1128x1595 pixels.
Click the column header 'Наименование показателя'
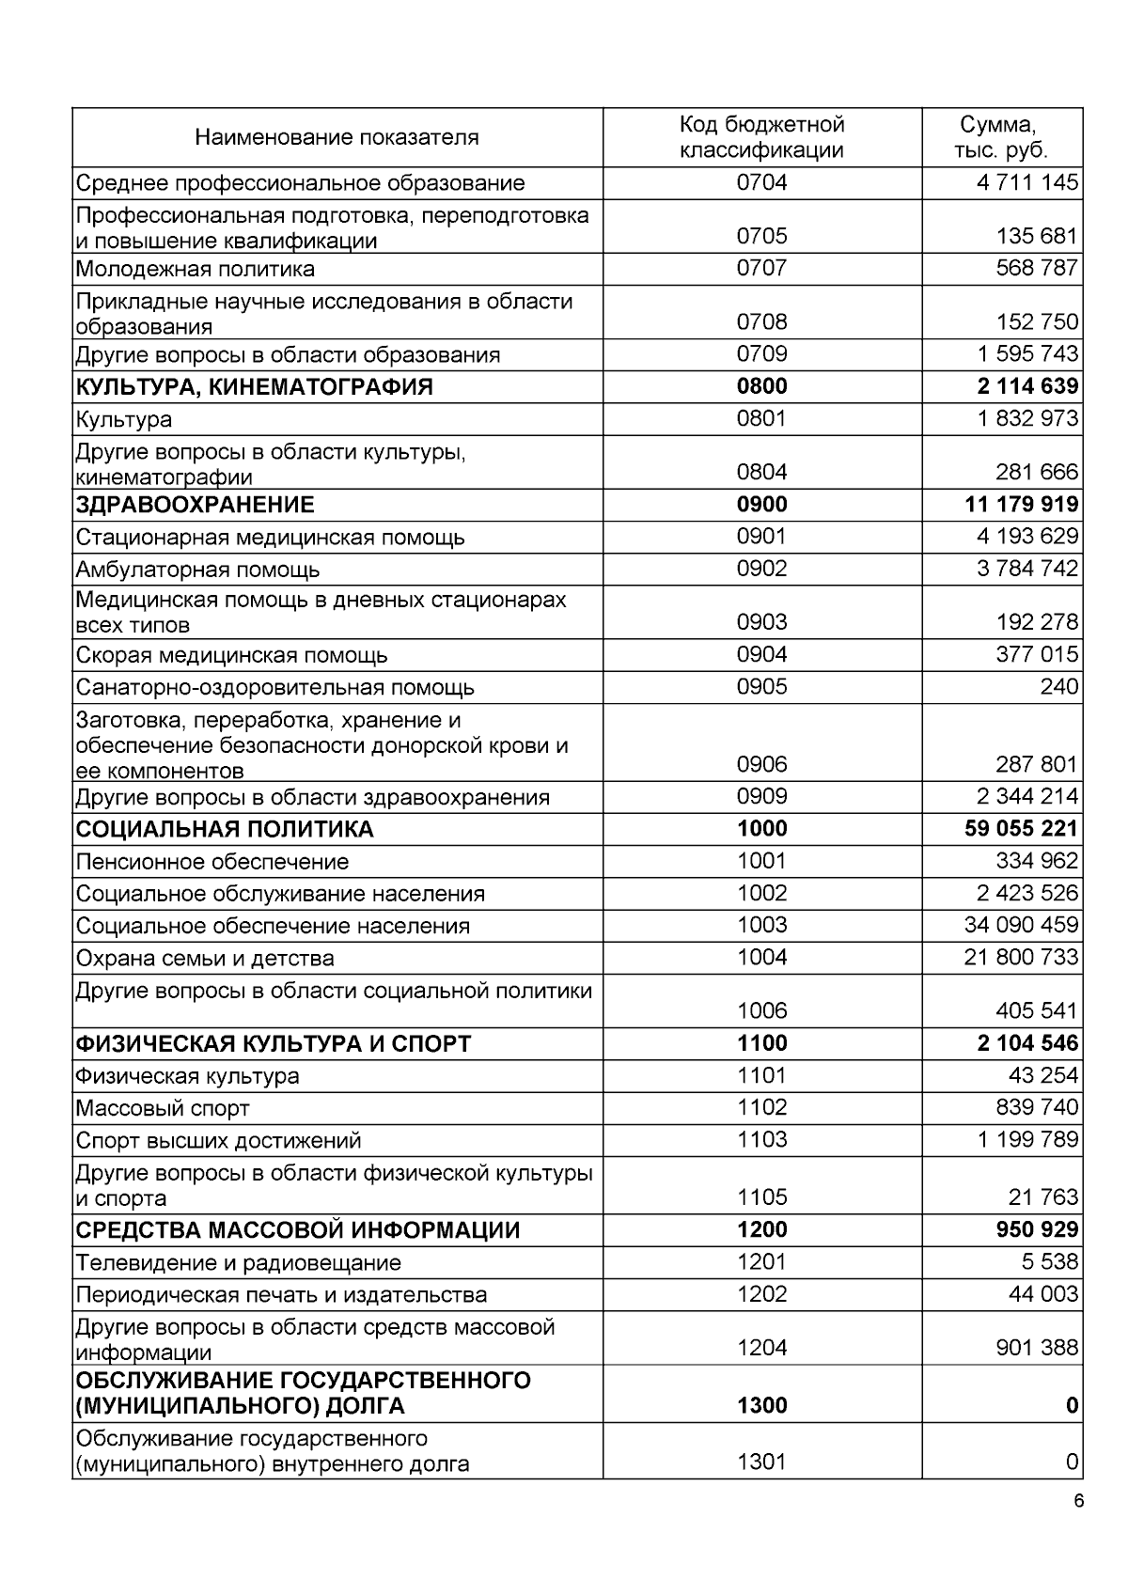(337, 137)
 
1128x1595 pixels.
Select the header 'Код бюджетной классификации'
(761, 137)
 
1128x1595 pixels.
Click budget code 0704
(761, 182)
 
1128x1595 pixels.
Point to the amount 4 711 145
(1027, 182)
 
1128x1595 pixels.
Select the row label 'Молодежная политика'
(196, 269)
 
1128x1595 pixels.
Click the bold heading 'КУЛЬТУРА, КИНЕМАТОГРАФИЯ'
(254, 386)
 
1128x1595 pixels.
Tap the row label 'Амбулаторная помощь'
(197, 569)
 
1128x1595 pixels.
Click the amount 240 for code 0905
(1059, 686)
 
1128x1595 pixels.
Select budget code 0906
(761, 764)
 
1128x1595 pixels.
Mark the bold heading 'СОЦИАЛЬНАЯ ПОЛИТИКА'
(225, 829)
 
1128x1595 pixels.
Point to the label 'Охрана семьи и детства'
(205, 958)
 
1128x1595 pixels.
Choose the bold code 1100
(761, 1043)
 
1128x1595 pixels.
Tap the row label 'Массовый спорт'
(163, 1108)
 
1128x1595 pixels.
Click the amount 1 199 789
(1027, 1140)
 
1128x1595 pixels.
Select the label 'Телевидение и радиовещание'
(239, 1262)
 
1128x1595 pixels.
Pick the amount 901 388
(1037, 1348)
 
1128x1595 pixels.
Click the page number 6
(1078, 1500)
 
